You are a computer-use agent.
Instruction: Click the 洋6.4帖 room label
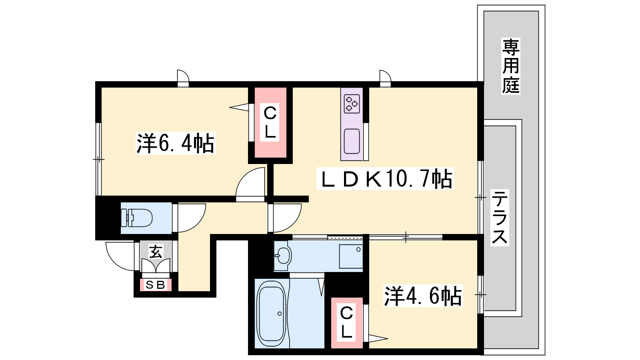176,143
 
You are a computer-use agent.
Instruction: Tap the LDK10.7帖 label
385,178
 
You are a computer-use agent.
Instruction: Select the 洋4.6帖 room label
423,296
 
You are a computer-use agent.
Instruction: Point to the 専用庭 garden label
511,66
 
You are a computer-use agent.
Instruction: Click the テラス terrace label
500,218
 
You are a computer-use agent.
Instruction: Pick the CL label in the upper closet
270,122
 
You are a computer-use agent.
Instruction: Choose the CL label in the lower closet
346,322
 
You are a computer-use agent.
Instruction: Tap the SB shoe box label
156,284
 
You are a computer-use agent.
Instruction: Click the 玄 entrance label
156,252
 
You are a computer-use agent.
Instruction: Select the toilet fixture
136,218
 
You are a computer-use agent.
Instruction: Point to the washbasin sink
282,256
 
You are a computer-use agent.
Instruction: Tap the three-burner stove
352,104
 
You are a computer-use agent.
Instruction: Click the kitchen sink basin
352,141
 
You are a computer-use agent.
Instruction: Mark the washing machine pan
351,256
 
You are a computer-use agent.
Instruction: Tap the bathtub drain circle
280,314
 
